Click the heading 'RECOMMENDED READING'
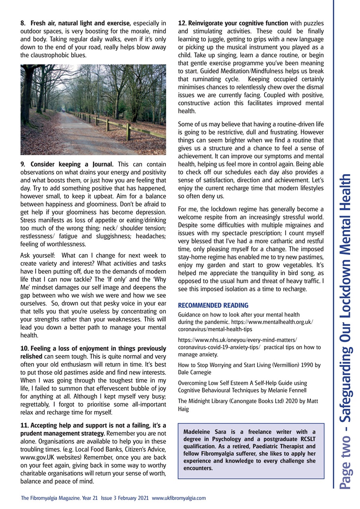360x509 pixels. [213, 305]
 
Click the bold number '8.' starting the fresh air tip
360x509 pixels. [23, 23]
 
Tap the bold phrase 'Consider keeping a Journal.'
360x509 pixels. [72, 164]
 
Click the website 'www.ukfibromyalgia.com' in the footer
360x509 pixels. [179, 498]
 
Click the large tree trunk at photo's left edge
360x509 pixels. [29, 91]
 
